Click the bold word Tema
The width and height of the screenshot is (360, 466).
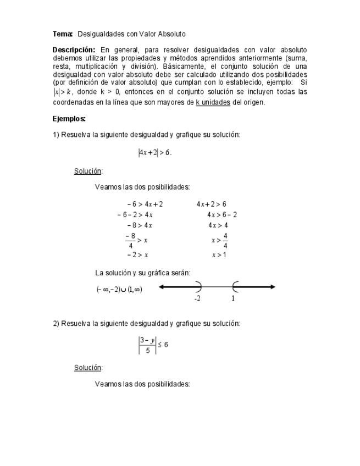[62, 34]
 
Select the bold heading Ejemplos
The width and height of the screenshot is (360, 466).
[69, 119]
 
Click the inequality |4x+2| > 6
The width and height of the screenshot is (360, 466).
[154, 153]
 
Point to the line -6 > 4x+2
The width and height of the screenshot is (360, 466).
[145, 204]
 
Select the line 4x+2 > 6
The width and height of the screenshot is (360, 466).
[211, 204]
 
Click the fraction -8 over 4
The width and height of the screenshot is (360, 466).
[130, 240]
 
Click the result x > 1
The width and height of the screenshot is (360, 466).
[219, 255]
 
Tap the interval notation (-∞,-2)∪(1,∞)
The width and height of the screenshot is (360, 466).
[119, 289]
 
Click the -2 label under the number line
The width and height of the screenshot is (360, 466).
[197, 298]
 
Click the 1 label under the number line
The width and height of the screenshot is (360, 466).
[233, 298]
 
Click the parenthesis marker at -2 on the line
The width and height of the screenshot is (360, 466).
[198, 286]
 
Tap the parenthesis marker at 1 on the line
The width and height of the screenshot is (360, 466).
[235, 286]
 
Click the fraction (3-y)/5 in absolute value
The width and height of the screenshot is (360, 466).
[147, 345]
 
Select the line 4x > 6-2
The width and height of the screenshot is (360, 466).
[222, 215]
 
